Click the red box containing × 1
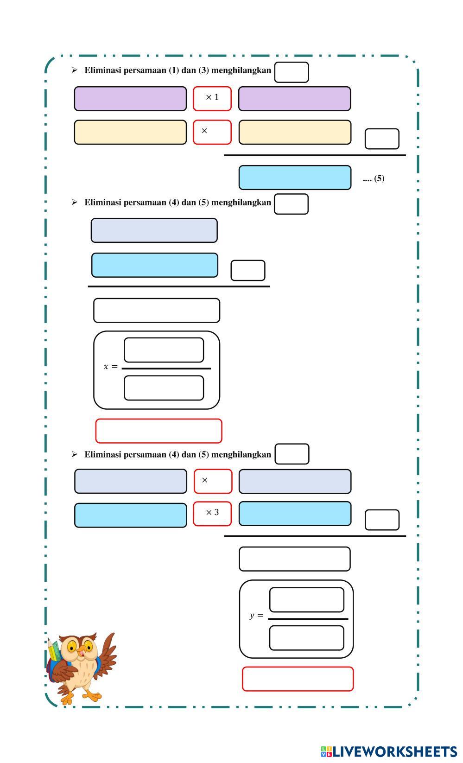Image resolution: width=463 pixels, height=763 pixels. pyautogui.click(x=212, y=99)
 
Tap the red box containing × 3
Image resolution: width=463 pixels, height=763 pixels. pyautogui.click(x=212, y=514)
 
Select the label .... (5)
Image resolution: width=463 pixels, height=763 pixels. pyautogui.click(x=373, y=178)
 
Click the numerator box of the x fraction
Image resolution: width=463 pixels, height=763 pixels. pyautogui.click(x=164, y=350)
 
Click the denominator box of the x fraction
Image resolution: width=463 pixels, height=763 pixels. pyautogui.click(x=164, y=388)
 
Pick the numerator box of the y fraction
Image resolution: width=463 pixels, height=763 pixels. pyautogui.click(x=306, y=600)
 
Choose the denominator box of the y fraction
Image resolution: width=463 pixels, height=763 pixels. pyautogui.click(x=306, y=638)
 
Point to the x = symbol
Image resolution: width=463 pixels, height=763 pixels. pyautogui.click(x=110, y=367)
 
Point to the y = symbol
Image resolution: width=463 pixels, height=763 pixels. pyautogui.click(x=256, y=616)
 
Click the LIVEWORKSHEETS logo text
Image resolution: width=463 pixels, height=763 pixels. pyautogui.click(x=394, y=751)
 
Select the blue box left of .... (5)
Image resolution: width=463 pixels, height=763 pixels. pyautogui.click(x=295, y=178)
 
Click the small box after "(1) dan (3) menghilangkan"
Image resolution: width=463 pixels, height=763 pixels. pyautogui.click(x=291, y=72)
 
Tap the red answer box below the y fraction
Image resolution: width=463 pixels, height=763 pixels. pyautogui.click(x=298, y=679)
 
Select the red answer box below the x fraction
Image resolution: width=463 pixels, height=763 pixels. pyautogui.click(x=159, y=431)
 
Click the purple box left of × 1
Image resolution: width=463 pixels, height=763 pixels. pyautogui.click(x=130, y=99)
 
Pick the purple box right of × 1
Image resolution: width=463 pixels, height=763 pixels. pyautogui.click(x=294, y=99)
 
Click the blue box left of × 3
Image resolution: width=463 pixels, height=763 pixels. pyautogui.click(x=130, y=515)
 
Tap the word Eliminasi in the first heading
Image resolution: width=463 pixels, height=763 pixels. pyautogui.click(x=102, y=70)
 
